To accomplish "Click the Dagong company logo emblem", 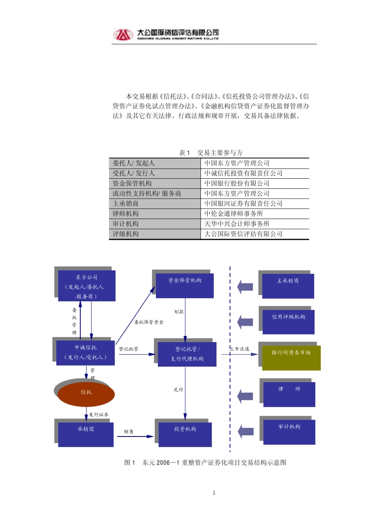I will [x=123, y=34].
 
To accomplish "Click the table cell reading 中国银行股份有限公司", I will [x=237, y=183].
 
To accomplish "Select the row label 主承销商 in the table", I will [x=126, y=204].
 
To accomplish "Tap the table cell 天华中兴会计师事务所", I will [x=237, y=224].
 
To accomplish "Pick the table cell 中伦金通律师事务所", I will [x=233, y=214].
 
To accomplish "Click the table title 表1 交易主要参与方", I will [x=211, y=153].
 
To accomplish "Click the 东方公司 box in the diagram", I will [x=87, y=286].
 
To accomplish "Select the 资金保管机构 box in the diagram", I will [x=185, y=285].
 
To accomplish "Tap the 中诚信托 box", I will [x=85, y=352].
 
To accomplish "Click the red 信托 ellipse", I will [x=86, y=393].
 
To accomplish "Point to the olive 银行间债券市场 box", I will [x=291, y=357].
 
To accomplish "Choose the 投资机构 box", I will [x=185, y=434].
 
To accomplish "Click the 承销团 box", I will [x=86, y=434].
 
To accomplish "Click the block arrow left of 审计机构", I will [x=246, y=431].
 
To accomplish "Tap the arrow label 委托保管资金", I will [x=149, y=322].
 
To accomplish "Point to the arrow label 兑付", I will [x=179, y=389].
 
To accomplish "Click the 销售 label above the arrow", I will [x=129, y=431].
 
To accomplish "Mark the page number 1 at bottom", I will [x=214, y=493].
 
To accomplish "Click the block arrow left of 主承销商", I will [x=245, y=286].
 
